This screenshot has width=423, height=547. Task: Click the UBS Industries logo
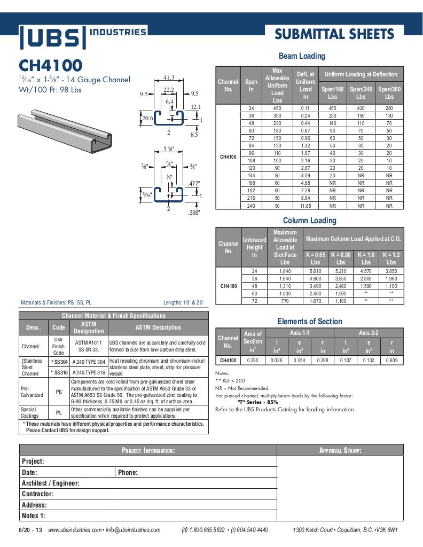tap(83, 36)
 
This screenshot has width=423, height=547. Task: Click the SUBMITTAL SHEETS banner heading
tap(334, 35)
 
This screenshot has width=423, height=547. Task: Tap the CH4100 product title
tap(51, 66)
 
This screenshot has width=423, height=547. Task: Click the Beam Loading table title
tap(302, 56)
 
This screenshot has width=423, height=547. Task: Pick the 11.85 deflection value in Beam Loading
tap(305, 206)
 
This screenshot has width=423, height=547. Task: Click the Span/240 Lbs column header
tap(361, 93)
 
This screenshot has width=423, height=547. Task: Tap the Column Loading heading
tap(309, 221)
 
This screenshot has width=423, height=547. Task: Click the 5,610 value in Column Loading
tap(316, 271)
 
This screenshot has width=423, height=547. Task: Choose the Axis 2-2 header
tap(369, 333)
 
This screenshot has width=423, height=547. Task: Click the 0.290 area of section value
tap(253, 361)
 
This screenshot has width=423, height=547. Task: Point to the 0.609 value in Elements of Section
tap(391, 361)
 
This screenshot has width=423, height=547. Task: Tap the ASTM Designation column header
tap(89, 327)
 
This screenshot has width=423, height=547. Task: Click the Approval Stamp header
tap(340, 450)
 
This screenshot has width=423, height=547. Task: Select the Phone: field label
tap(128, 472)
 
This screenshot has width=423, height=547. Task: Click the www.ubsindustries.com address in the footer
tap(74, 530)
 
